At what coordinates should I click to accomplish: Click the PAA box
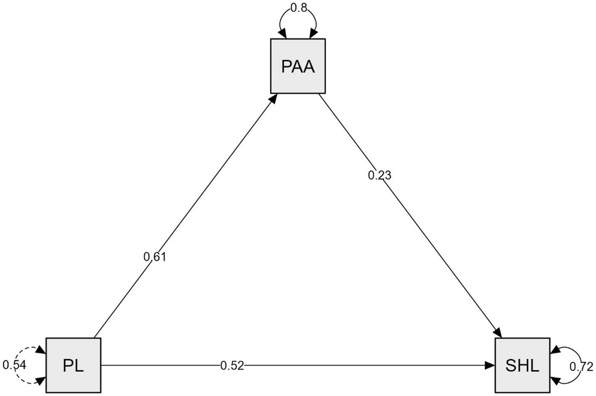point(298,66)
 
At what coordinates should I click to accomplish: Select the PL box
point(73,365)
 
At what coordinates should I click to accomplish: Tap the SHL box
point(522,365)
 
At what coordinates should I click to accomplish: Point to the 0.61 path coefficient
point(155,257)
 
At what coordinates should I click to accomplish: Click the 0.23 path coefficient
point(379,176)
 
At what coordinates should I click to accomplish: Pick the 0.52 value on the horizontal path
point(232,365)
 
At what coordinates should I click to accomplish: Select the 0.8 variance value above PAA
point(298,8)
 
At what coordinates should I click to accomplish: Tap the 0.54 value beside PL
point(14,365)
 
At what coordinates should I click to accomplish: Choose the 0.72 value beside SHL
point(581,367)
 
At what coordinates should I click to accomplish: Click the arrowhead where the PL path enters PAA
point(273,98)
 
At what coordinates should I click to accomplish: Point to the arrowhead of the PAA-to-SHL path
point(499,333)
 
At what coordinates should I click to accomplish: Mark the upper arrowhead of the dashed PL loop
point(41,350)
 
